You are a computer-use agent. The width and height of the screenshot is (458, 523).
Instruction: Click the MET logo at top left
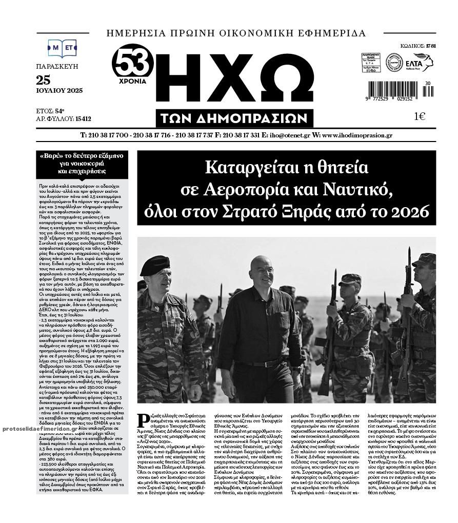point(62,48)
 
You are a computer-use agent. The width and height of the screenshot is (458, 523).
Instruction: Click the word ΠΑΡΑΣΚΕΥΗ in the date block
point(57,67)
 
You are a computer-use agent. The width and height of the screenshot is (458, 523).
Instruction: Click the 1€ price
point(420,116)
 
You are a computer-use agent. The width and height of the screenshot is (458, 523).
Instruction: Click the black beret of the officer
point(154,265)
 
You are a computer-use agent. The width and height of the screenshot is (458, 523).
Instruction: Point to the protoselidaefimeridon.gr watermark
point(36,428)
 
